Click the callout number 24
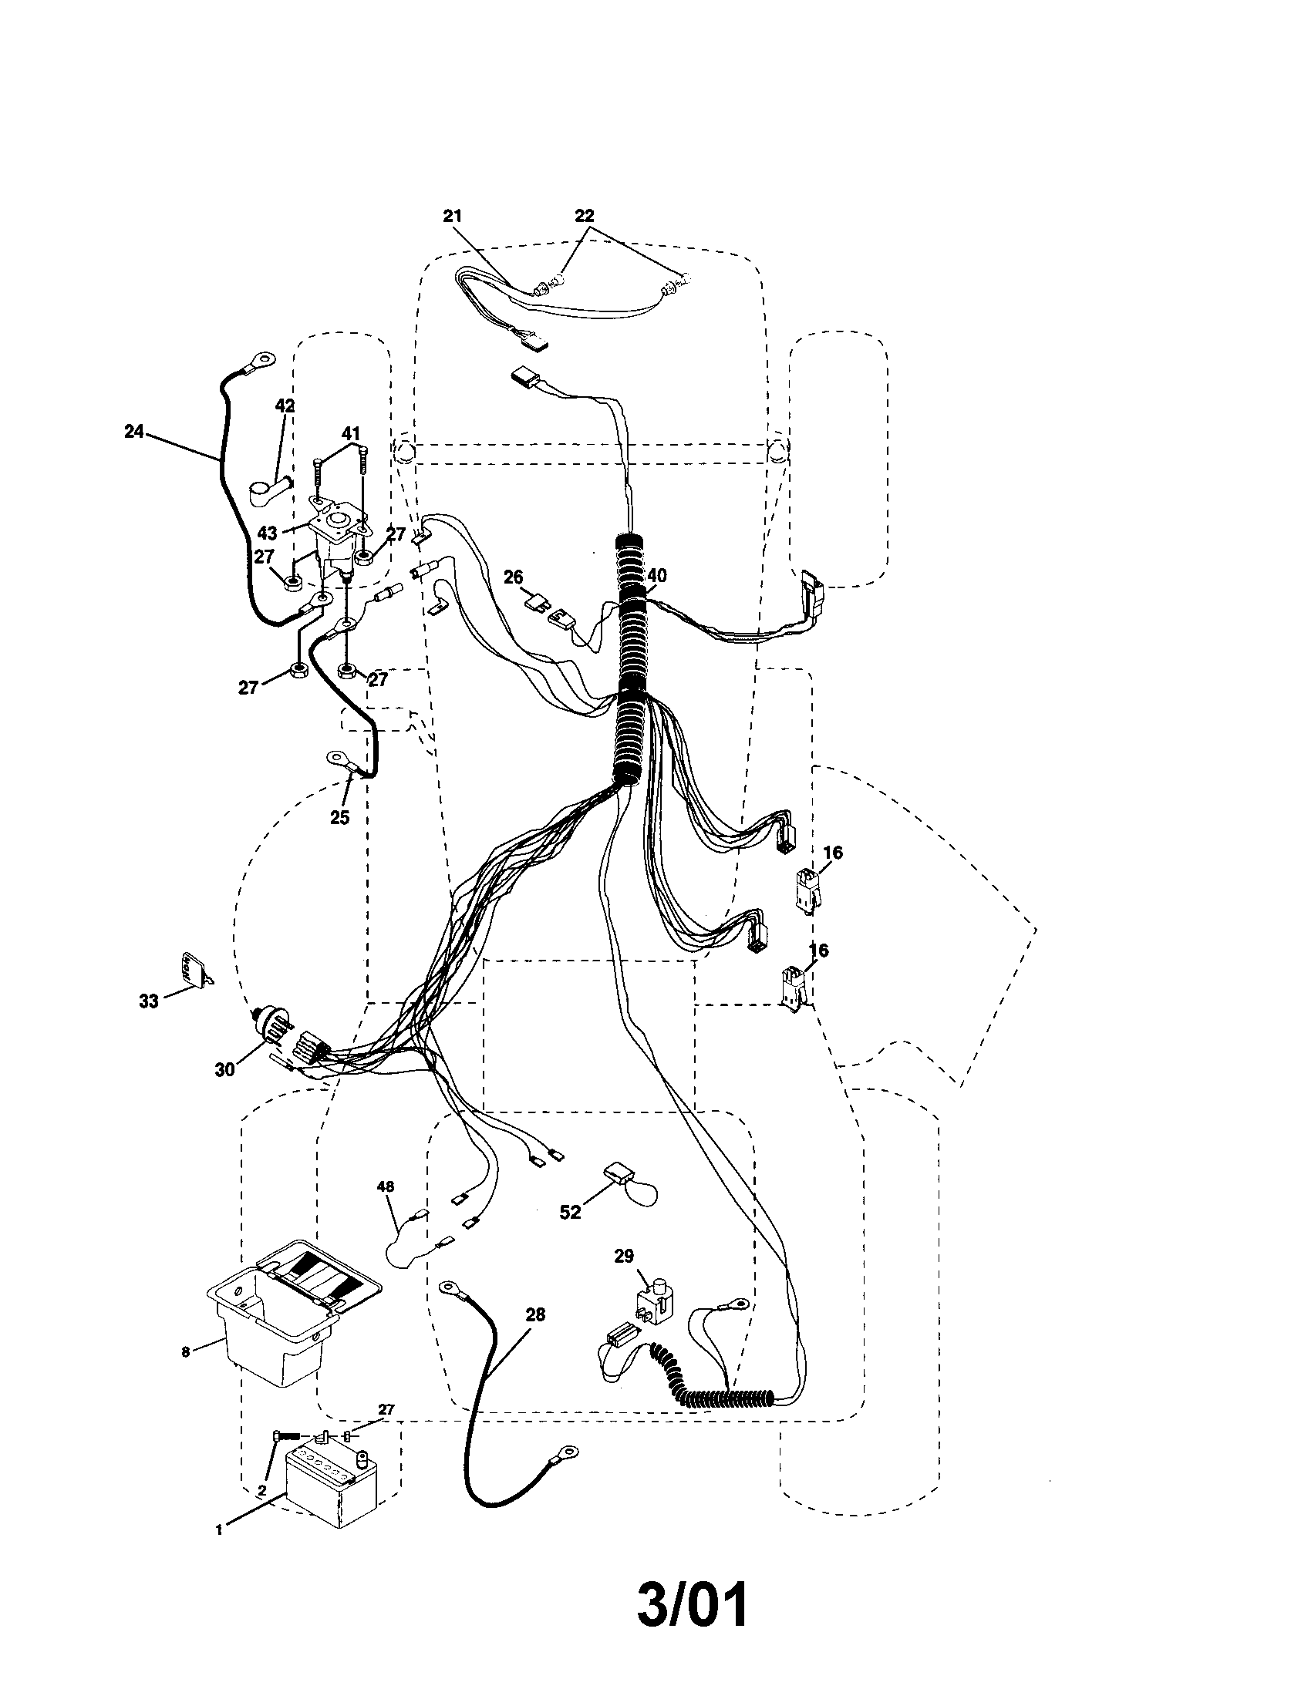pyautogui.click(x=134, y=431)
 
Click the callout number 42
pyautogui.click(x=285, y=405)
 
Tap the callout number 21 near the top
pyautogui.click(x=453, y=217)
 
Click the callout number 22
pyautogui.click(x=584, y=215)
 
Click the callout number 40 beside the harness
pyautogui.click(x=656, y=575)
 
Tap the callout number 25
pyautogui.click(x=339, y=817)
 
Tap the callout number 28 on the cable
pyautogui.click(x=535, y=1314)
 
